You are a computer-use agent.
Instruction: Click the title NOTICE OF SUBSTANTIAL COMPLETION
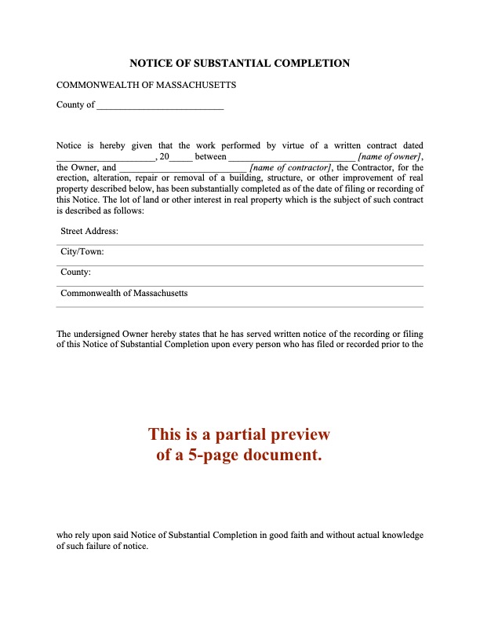[x=239, y=63]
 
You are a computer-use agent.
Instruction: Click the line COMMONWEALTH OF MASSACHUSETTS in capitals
[x=146, y=85]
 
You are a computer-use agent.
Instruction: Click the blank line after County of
[x=159, y=106]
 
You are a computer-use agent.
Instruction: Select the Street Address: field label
[x=89, y=232]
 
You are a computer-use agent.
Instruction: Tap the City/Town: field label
[x=82, y=252]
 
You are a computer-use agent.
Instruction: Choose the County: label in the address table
[x=76, y=273]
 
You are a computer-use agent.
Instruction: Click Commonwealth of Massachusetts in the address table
[x=124, y=293]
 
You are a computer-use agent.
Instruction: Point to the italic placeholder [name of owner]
[x=390, y=157]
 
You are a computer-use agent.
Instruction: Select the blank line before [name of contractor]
[x=183, y=168]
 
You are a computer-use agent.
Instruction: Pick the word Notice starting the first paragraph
[x=70, y=146]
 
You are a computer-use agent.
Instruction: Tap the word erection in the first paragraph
[x=73, y=178]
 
